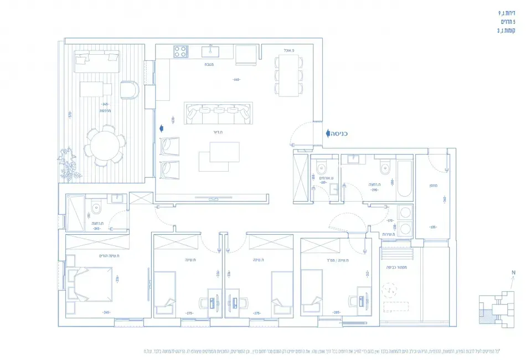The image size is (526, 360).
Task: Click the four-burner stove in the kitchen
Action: (181, 52)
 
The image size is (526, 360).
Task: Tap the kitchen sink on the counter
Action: (210, 52)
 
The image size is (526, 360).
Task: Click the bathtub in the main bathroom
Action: (404, 177)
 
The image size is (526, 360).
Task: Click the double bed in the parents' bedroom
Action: (90, 283)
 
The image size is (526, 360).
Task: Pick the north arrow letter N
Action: (513, 272)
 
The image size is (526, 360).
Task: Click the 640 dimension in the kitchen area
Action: (236, 80)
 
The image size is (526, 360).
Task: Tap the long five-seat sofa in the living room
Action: (218, 114)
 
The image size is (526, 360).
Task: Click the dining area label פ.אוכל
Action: (288, 50)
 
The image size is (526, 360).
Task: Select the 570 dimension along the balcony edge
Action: (70, 115)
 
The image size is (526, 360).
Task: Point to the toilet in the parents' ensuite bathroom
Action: (96, 209)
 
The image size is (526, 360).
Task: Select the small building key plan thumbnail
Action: (497, 309)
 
